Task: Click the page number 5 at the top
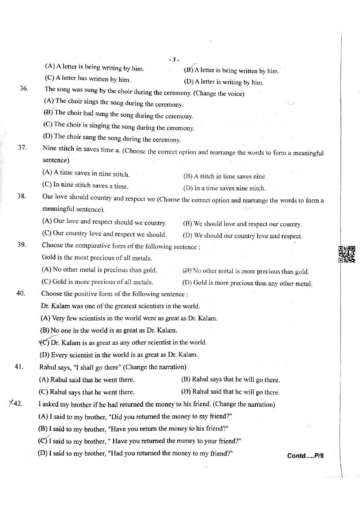click(x=173, y=60)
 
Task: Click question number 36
click(x=24, y=88)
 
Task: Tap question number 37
click(x=23, y=148)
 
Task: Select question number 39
click(x=22, y=244)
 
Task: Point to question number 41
click(x=19, y=367)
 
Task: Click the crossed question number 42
click(x=16, y=404)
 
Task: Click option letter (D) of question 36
click(x=48, y=136)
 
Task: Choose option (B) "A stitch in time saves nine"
click(x=224, y=176)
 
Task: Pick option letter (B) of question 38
click(x=187, y=224)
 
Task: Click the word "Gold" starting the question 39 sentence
click(x=48, y=258)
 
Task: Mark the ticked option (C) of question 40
click(x=44, y=342)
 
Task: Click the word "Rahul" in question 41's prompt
click(x=48, y=367)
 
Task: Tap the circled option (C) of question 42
click(x=43, y=441)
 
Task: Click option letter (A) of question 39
click(x=47, y=270)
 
